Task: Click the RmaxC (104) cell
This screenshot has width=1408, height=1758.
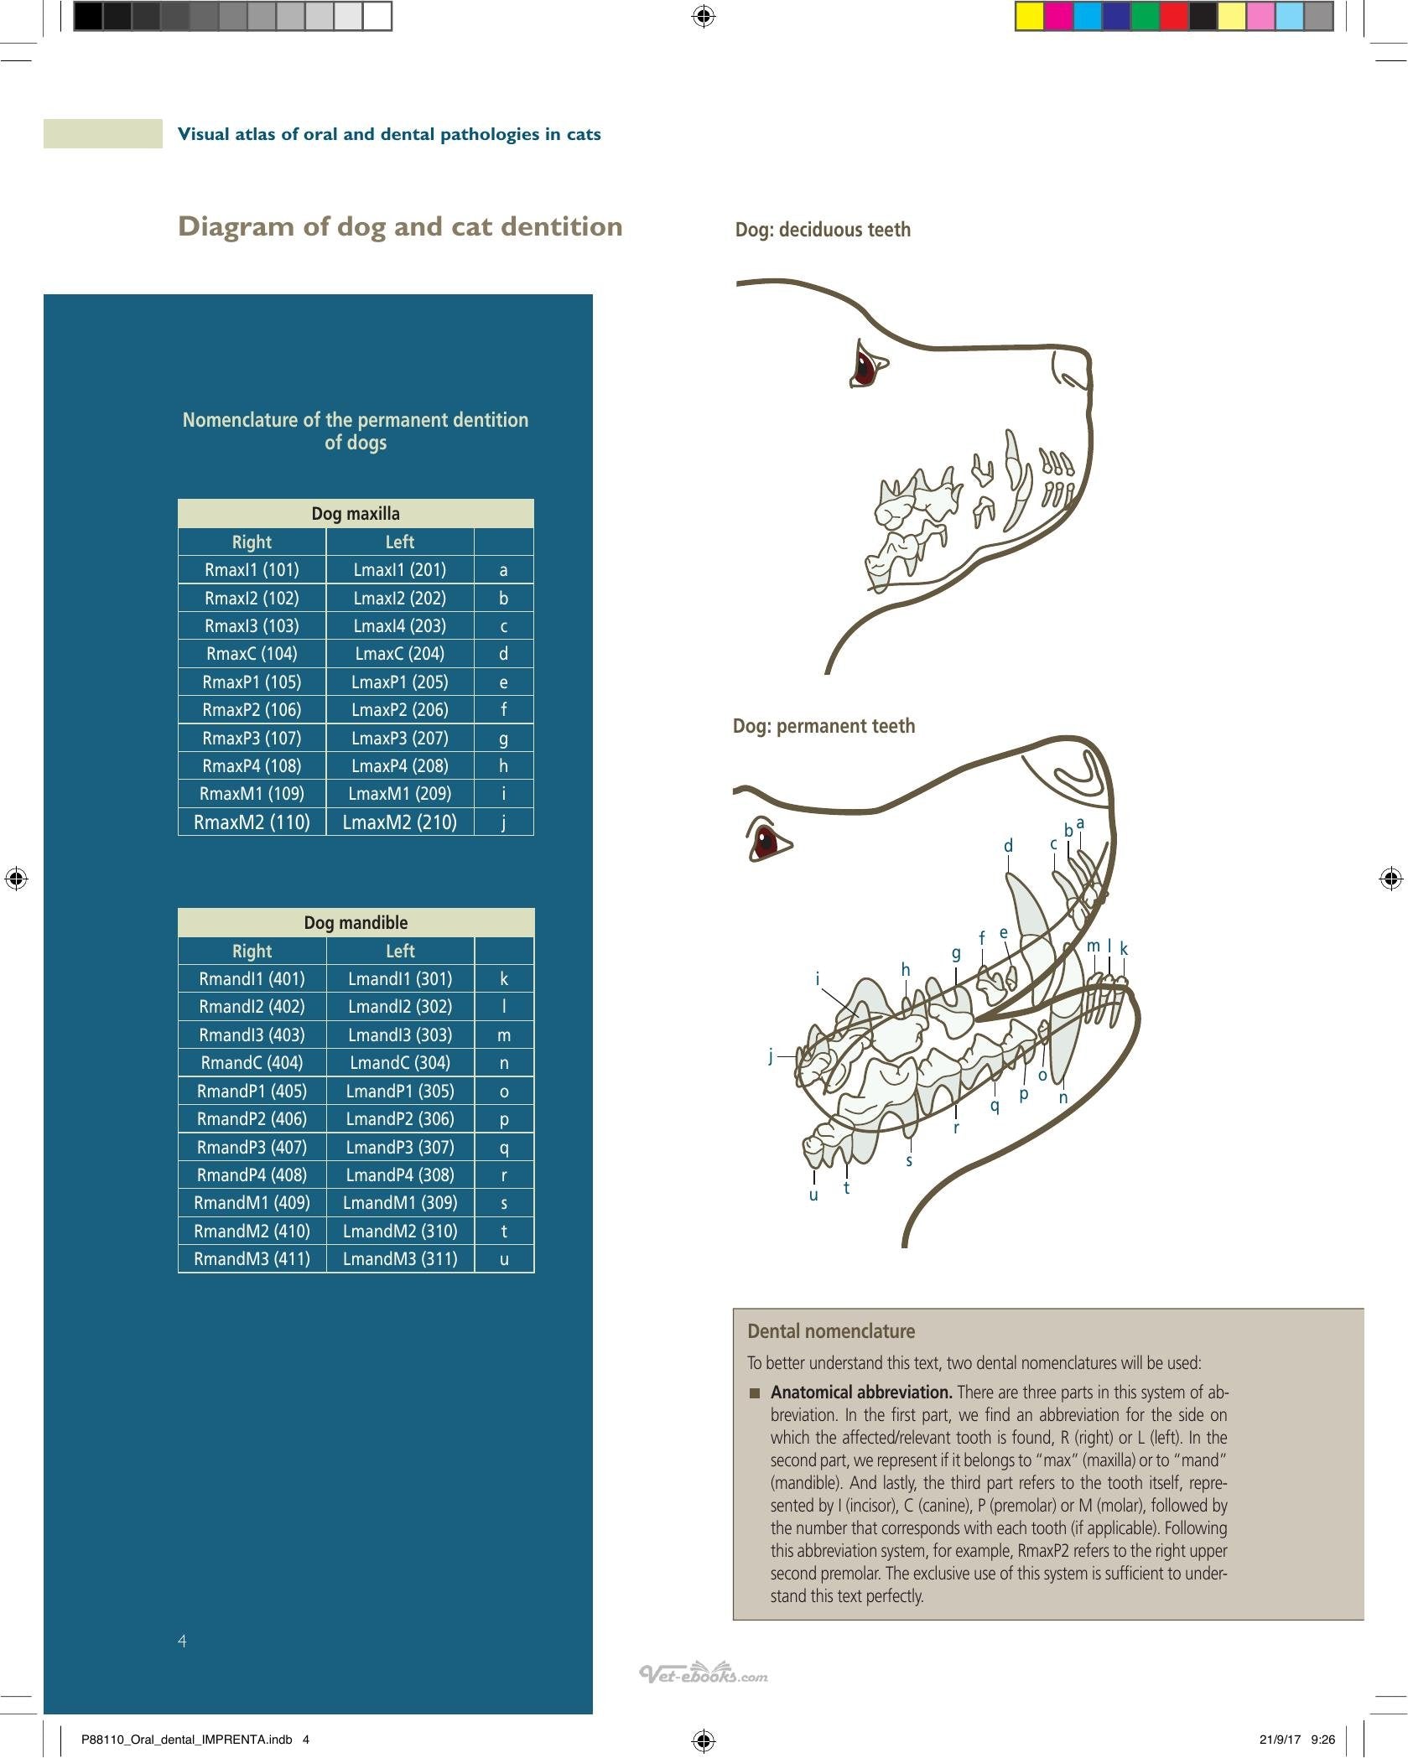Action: tap(252, 654)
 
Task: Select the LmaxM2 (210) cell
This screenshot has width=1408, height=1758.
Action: tap(400, 822)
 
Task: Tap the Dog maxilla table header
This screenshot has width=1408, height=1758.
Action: tap(356, 514)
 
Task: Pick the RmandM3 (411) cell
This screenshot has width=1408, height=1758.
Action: tap(252, 1259)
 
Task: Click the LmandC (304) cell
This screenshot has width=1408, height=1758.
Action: tap(400, 1063)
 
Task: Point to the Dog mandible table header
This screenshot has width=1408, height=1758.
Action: tap(356, 923)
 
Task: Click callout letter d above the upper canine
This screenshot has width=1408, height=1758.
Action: tap(1008, 846)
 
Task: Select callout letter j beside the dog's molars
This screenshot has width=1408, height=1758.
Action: tap(771, 1056)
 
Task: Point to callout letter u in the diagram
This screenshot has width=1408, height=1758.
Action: tap(813, 1195)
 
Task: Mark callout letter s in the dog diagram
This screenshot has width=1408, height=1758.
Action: tap(909, 1161)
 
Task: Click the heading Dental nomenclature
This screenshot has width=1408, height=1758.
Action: tap(831, 1331)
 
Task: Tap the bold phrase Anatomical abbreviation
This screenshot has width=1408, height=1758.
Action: tap(861, 1392)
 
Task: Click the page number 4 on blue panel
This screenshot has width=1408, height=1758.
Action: tap(183, 1641)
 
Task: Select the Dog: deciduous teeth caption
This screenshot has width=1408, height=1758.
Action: tap(823, 230)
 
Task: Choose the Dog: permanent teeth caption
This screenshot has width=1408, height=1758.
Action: tap(823, 726)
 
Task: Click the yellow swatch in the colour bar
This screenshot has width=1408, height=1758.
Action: tap(1030, 17)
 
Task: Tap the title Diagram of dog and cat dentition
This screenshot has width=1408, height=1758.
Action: tap(400, 226)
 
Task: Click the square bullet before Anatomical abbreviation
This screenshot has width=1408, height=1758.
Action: tap(755, 1393)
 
